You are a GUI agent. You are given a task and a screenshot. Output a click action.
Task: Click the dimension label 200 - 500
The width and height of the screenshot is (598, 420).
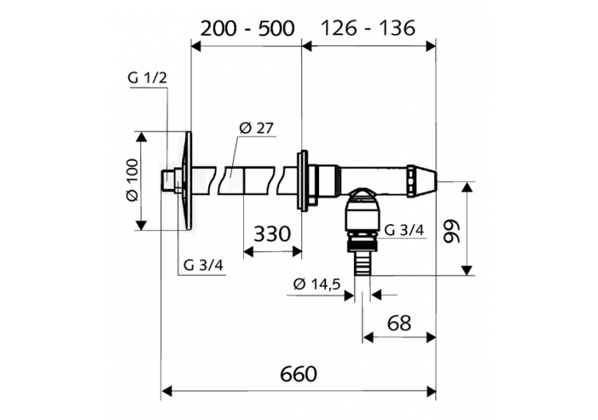click(x=247, y=28)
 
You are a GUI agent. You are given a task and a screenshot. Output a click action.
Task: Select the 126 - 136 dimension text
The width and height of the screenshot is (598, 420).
click(x=368, y=28)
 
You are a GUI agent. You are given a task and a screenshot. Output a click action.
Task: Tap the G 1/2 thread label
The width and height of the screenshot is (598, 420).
click(x=148, y=78)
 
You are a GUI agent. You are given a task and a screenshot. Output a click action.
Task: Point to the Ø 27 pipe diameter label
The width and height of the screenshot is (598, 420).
click(x=256, y=128)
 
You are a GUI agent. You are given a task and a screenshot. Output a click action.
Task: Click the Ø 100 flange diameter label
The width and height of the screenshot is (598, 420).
click(x=132, y=181)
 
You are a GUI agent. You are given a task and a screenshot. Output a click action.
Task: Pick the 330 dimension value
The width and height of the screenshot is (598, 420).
click(x=272, y=234)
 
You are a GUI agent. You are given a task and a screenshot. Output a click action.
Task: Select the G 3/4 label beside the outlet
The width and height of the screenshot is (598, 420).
click(x=404, y=230)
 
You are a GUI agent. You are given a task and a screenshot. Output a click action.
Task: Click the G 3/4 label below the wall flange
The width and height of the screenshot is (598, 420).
click(x=203, y=265)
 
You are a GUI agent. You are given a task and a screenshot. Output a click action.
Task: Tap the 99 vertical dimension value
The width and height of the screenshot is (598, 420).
click(x=452, y=232)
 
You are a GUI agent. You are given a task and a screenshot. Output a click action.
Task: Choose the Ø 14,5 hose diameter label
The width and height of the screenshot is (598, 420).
click(x=317, y=285)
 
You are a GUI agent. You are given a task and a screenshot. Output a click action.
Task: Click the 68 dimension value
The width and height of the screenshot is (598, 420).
click(x=399, y=324)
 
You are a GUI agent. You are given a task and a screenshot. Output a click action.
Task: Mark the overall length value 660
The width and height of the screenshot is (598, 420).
click(x=299, y=374)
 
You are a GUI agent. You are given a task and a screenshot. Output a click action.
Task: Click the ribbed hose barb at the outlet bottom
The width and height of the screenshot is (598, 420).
click(x=362, y=264)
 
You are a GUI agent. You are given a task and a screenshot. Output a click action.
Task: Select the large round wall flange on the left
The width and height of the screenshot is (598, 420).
click(x=187, y=181)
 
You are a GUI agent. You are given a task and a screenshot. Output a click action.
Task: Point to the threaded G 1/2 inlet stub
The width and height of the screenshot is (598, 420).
click(x=167, y=181)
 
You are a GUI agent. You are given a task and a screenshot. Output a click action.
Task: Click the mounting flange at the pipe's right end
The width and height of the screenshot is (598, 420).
click(x=302, y=181)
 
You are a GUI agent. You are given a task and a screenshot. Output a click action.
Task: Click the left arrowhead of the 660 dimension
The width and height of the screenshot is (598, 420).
click(x=167, y=391)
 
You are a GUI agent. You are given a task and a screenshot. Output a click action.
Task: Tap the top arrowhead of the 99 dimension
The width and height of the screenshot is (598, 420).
click(x=466, y=188)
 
